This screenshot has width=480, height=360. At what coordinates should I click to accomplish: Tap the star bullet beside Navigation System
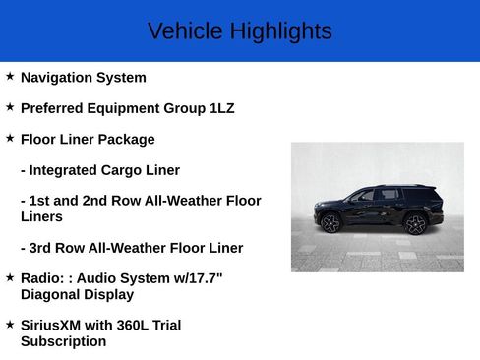pyautogui.click(x=10, y=76)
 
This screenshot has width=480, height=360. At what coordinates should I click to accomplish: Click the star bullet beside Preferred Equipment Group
pyautogui.click(x=10, y=106)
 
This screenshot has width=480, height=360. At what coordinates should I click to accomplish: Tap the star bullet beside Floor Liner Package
pyautogui.click(x=10, y=137)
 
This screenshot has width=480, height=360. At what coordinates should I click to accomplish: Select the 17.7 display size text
pyautogui.click(x=204, y=278)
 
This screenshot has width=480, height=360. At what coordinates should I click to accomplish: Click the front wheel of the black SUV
pyautogui.click(x=330, y=223)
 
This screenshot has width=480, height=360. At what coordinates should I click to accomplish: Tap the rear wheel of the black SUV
pyautogui.click(x=415, y=224)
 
